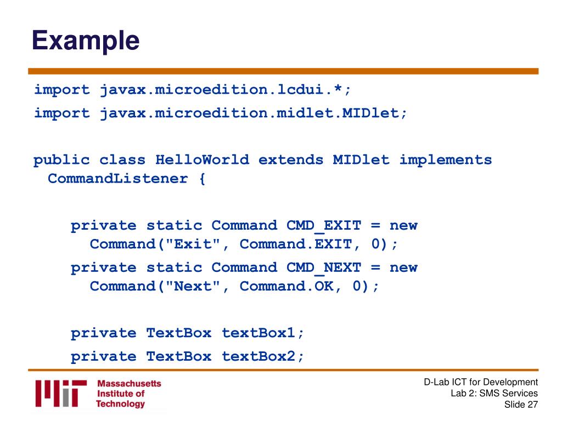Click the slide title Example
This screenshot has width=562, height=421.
click(86, 41)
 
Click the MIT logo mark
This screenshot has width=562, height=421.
click(61, 394)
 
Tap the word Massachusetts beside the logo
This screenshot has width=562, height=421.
click(129, 383)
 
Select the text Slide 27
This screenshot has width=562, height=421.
click(521, 405)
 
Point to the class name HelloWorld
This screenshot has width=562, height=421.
click(202, 160)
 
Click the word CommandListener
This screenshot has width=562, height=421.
click(118, 178)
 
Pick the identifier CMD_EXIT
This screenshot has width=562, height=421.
click(324, 225)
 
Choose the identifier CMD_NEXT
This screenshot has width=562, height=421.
click(324, 268)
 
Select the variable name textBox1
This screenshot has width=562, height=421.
click(258, 333)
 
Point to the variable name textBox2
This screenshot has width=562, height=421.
click(258, 356)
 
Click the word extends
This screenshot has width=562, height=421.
click(291, 160)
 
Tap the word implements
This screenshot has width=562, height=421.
click(446, 160)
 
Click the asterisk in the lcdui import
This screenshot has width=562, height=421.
click(338, 87)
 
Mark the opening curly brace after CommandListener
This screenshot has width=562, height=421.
click(202, 178)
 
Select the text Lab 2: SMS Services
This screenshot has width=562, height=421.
click(494, 393)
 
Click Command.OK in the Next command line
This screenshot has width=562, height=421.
click(286, 286)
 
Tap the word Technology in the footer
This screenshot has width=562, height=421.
click(120, 404)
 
